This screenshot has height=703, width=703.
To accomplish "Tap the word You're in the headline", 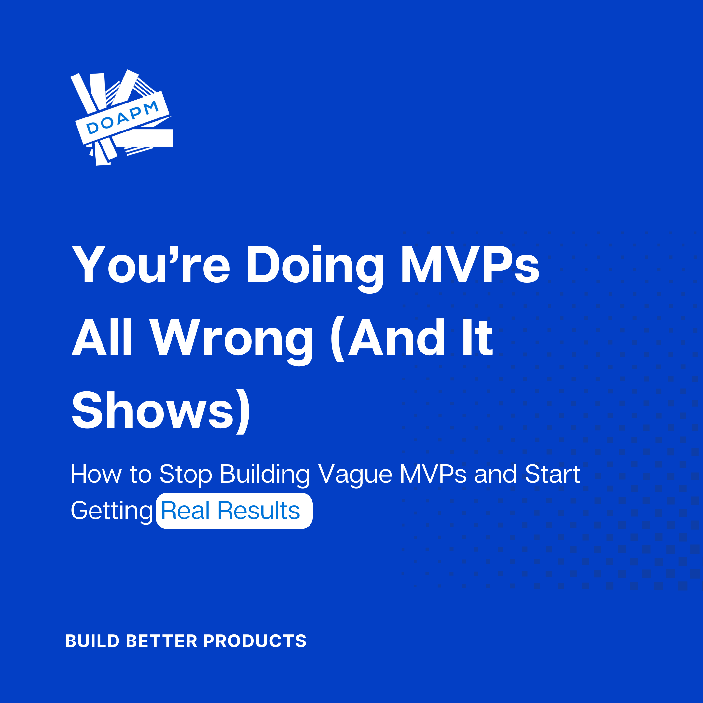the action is (x=151, y=264).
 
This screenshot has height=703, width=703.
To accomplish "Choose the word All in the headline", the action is (x=102, y=337).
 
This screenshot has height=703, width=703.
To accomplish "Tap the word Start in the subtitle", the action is (x=552, y=474).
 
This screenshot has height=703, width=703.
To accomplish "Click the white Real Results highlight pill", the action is (x=234, y=511).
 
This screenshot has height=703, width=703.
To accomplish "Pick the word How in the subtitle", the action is (x=96, y=474).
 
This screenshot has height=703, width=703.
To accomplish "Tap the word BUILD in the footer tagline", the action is (x=92, y=641).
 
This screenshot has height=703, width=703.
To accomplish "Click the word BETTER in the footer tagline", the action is (x=161, y=641).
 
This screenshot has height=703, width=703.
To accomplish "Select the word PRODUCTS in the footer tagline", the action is (x=255, y=641).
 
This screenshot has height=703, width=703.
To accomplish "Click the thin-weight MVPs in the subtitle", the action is (x=433, y=474).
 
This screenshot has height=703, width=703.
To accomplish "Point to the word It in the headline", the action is (x=477, y=337).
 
